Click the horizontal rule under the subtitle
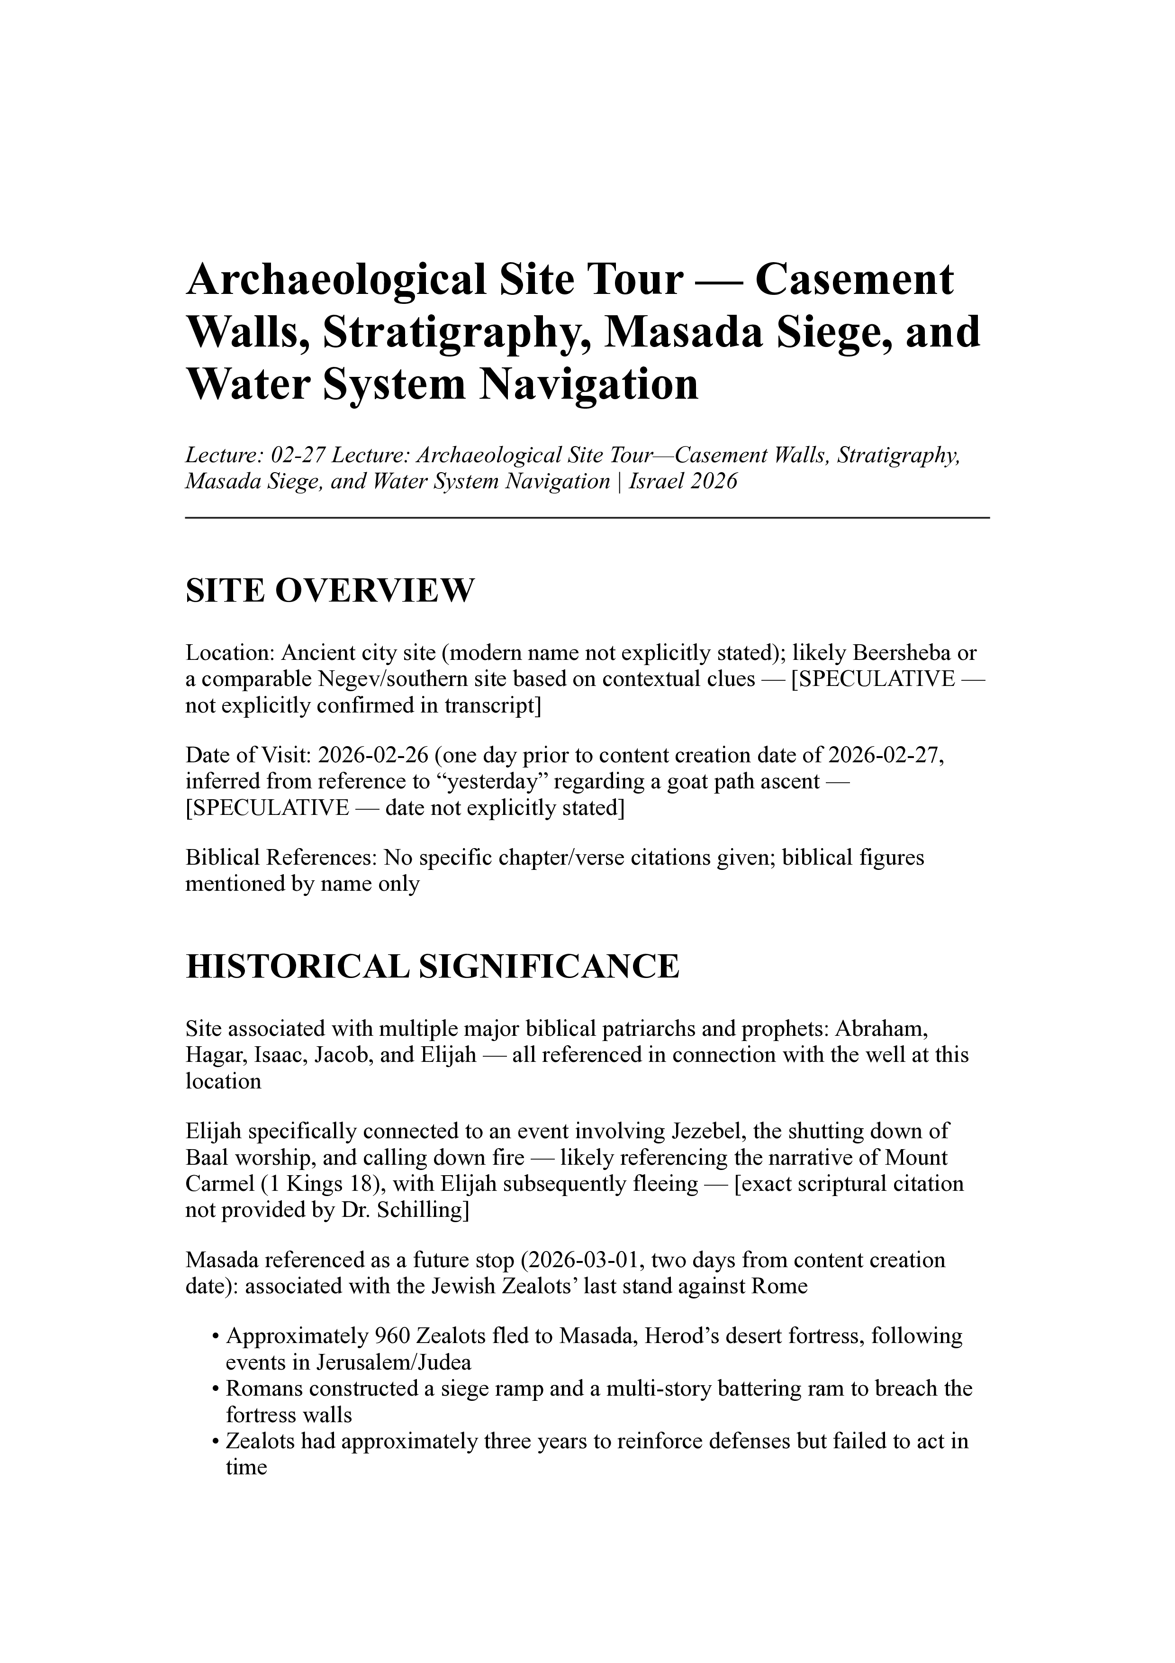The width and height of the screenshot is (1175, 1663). (x=587, y=518)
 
